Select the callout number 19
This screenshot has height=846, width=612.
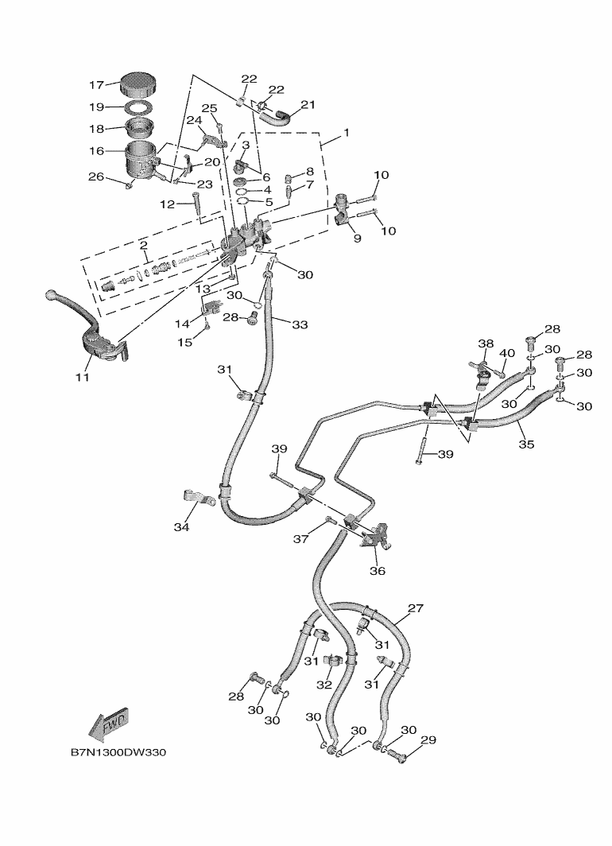(x=97, y=106)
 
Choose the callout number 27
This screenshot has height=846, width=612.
(x=416, y=609)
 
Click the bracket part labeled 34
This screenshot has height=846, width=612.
(x=197, y=499)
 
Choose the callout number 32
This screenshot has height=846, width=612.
(x=324, y=684)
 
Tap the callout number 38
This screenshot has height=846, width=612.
(x=486, y=344)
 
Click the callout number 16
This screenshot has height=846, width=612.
(x=97, y=149)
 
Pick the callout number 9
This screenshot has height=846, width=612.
(x=356, y=238)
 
